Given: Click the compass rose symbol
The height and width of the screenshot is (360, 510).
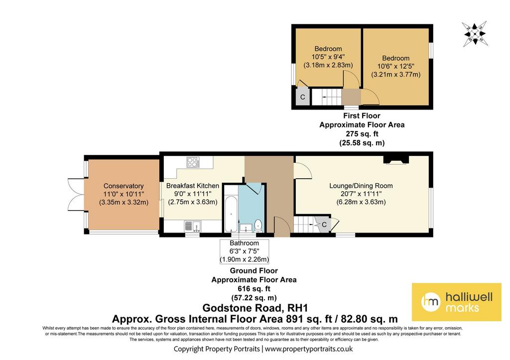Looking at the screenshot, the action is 474,33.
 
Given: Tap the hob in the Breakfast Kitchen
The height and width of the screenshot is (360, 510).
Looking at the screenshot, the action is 193,162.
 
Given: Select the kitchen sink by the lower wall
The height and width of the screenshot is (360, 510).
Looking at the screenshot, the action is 193,226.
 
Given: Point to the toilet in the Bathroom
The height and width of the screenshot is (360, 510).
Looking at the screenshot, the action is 258,225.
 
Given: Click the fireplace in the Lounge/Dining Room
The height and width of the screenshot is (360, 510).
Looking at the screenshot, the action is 396,160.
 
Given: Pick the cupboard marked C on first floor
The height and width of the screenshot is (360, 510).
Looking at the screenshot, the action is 303,97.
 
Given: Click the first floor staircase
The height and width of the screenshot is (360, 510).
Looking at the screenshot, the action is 327,97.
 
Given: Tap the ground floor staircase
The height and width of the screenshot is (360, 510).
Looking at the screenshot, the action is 306,225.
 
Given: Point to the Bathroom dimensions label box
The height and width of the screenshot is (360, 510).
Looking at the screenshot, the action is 244,251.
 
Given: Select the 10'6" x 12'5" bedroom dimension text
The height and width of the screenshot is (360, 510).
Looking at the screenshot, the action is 396,66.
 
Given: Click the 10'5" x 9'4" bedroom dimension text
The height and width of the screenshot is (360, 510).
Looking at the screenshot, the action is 328,57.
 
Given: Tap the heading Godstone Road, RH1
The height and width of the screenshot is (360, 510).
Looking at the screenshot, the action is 255,308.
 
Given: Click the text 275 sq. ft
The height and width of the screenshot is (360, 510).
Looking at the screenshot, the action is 362,133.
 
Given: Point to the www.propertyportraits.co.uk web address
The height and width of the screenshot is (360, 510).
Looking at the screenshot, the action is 309,349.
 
